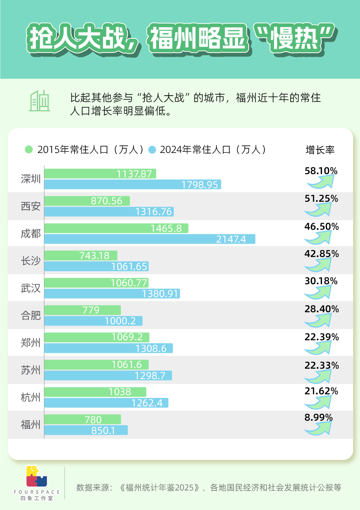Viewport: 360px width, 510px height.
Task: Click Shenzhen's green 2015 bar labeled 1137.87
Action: [x=100, y=174]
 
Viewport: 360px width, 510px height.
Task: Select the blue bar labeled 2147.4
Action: [x=150, y=239]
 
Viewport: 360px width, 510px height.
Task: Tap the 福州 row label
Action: [x=31, y=425]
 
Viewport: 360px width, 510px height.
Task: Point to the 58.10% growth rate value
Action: [x=321, y=171]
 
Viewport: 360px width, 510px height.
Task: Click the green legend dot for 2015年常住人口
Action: [x=28, y=150]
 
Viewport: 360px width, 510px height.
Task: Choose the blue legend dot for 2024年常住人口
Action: [x=152, y=150]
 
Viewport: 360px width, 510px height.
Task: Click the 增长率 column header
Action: [x=320, y=150]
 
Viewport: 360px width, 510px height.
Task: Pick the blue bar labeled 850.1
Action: [x=86, y=430]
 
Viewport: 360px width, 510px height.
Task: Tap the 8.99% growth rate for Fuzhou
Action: [x=318, y=418]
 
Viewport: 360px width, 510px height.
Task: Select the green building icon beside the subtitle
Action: [x=39, y=100]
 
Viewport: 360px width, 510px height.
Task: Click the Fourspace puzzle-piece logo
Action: [x=36, y=477]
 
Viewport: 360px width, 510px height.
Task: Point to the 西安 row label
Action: [x=31, y=207]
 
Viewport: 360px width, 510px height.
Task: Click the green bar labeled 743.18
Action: [x=81, y=255]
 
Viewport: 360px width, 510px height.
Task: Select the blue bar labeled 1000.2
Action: [x=93, y=321]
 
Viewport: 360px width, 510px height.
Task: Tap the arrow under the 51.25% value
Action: [x=319, y=210]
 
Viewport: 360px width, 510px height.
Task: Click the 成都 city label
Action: [x=31, y=234]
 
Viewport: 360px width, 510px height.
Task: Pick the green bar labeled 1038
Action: [x=95, y=392]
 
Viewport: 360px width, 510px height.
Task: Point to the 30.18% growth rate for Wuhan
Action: [x=321, y=281]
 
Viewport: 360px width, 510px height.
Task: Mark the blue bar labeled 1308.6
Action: [x=108, y=348]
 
